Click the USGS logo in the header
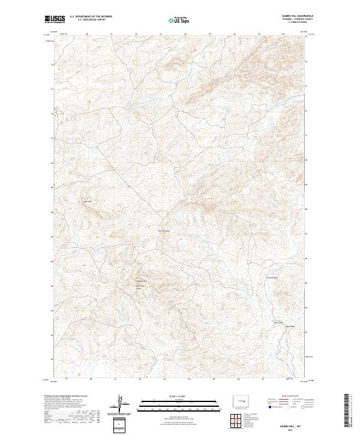click(x=55, y=19)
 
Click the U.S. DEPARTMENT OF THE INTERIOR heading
click(x=91, y=17)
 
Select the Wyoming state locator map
click(x=241, y=400)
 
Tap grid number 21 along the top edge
click(x=112, y=34)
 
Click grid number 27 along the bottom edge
click(x=263, y=379)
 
